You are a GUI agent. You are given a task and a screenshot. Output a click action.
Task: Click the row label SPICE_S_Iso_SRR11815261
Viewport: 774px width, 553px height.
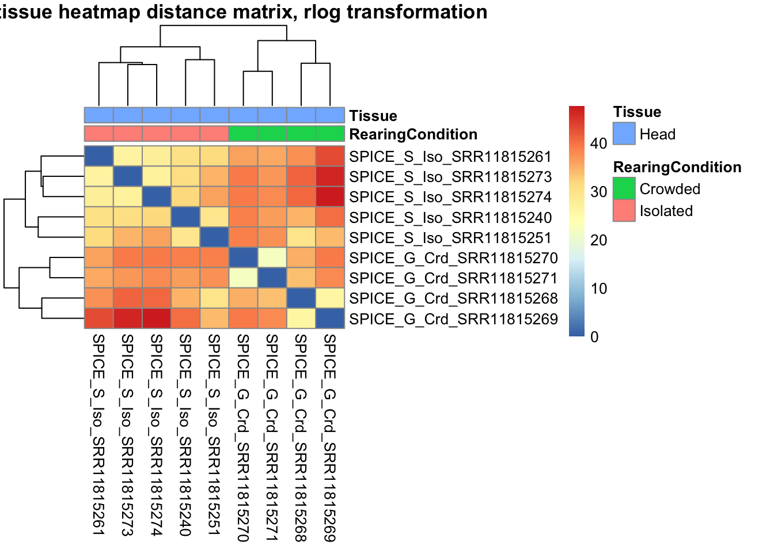[450, 157]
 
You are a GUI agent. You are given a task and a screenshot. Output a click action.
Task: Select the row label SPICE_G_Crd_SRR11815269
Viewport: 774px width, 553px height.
[453, 319]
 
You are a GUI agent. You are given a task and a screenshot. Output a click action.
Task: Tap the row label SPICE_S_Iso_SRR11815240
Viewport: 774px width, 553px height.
[450, 218]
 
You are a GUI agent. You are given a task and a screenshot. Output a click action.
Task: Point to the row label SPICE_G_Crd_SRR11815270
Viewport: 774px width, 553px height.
[453, 258]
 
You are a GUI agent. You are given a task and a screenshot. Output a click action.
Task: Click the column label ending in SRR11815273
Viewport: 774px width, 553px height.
[127, 435]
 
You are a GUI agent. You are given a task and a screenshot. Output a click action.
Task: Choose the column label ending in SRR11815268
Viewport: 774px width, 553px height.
[301, 438]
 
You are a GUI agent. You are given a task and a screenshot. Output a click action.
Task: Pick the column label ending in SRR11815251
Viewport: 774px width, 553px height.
[214, 435]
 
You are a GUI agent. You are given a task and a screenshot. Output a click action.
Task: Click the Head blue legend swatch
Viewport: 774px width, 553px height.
[624, 134]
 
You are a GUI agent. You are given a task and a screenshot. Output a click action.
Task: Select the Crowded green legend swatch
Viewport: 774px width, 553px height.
[624, 188]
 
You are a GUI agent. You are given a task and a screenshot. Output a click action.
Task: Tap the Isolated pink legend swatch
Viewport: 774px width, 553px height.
[624, 210]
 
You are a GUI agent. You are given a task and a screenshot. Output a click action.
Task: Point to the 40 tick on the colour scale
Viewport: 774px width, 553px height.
[599, 143]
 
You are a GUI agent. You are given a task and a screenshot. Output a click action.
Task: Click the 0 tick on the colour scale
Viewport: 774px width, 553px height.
[594, 337]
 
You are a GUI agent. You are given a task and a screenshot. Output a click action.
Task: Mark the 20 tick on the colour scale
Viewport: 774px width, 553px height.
[599, 240]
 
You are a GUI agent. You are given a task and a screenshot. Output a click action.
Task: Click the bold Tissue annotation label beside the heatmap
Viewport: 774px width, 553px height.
[373, 116]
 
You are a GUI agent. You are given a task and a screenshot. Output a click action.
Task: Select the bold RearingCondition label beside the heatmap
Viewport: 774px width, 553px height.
[413, 134]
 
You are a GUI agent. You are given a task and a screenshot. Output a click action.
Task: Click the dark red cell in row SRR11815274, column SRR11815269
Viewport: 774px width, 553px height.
[330, 197]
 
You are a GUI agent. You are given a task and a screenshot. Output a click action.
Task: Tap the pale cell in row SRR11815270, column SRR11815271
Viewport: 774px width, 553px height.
[272, 258]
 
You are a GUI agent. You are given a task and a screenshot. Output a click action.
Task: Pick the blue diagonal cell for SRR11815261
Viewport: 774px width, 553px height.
[99, 157]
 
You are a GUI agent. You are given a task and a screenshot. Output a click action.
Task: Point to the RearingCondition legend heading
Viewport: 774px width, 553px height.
[677, 167]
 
